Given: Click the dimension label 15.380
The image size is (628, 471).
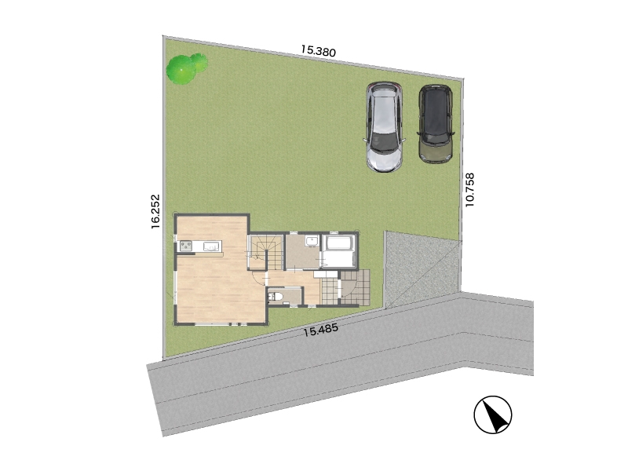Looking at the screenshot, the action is tap(319, 50).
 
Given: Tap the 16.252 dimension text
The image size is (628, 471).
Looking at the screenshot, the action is tap(155, 211).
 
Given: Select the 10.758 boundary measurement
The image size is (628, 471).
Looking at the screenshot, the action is tap(469, 190).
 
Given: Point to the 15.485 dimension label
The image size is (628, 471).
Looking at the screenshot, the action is tap(320, 330).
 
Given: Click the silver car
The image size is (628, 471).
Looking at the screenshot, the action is tap(385, 127).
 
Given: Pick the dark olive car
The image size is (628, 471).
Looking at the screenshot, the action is tap(436, 123).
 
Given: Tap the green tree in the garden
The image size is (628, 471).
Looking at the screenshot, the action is tap(187, 68).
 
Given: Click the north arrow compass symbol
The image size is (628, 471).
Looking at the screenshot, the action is tap(493, 414).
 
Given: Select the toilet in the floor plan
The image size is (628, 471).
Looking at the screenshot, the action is tap(276, 297).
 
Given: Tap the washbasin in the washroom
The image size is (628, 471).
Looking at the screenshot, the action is tap(312, 241).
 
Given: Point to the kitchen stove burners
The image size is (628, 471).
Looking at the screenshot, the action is tap(186, 246).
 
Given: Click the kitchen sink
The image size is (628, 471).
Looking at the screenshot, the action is tap(212, 246).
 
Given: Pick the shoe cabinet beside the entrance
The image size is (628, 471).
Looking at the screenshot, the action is tap(326, 274).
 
